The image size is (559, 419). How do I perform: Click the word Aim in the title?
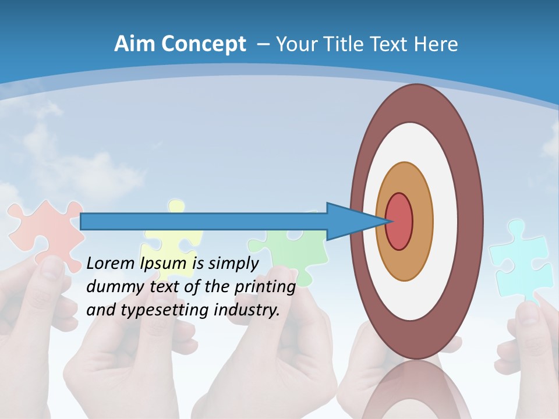pos(135,44)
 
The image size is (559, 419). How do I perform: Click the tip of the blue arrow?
pos(386,221)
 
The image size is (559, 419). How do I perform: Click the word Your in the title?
pos(296,44)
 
